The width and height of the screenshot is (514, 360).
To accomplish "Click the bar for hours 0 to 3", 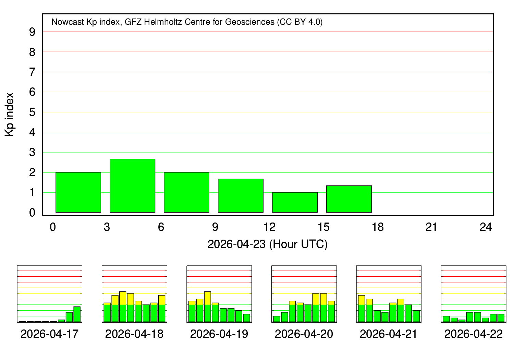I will tap(78, 192).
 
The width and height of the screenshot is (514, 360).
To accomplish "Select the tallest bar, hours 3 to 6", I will tap(132, 185).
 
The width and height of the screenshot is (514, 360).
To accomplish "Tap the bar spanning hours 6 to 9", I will tap(186, 192).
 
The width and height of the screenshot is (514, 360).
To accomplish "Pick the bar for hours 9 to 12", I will tap(241, 196).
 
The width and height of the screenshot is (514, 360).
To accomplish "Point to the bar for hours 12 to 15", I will tap(295, 202).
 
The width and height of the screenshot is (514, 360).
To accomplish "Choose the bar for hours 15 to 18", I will tap(349, 199).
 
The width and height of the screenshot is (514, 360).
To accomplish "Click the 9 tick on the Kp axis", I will tap(32, 32).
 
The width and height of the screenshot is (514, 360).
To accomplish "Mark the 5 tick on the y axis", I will tap(32, 112).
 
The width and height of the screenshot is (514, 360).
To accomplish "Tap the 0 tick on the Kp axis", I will tap(32, 213).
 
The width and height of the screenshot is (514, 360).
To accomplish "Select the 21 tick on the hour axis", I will tap(432, 227).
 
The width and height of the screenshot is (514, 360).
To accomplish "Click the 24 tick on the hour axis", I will tap(486, 227).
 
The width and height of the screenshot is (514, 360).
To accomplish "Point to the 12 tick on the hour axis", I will tap(269, 227).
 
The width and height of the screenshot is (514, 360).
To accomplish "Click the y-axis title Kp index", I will tap(10, 115).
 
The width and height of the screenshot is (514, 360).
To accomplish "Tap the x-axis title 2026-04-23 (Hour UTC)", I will tap(267, 244).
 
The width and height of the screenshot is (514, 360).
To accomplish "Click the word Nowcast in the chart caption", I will tap(67, 22).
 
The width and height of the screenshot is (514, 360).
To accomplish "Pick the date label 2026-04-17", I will tap(49, 334).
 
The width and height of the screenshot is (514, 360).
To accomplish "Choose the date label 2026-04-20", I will tap(304, 334).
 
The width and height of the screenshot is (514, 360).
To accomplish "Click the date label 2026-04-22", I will tap(474, 334).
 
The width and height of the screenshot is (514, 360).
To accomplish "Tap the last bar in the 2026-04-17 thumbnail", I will tap(77, 314).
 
